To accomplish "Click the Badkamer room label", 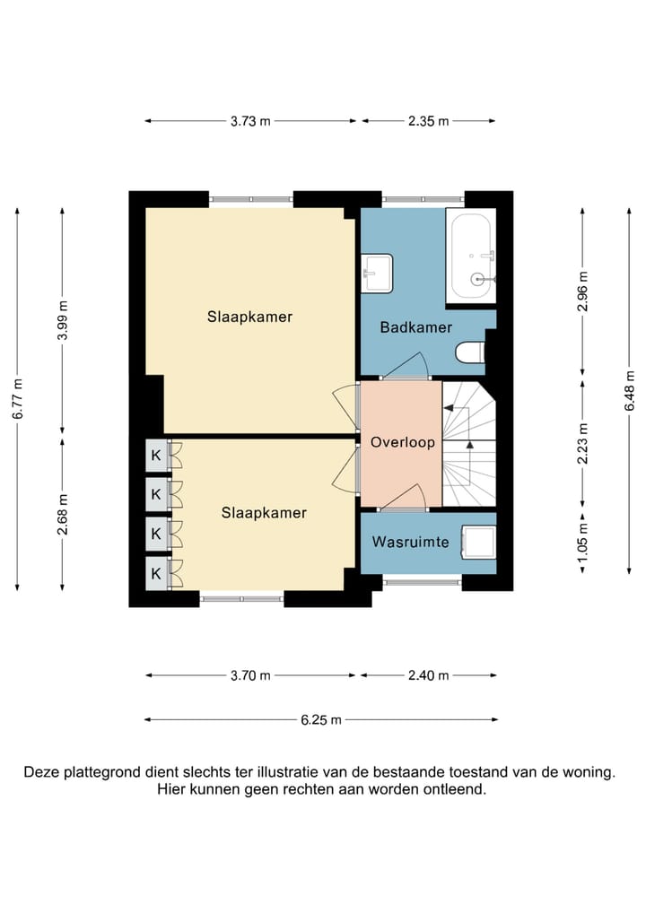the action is coord(416,327).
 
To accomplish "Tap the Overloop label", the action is coord(403,442).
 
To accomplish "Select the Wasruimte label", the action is coord(411,542).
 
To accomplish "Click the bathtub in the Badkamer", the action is coord(471,256).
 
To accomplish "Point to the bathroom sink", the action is coord(377,273).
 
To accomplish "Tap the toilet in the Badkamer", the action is coord(470,352).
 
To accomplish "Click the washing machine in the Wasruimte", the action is coord(479,542).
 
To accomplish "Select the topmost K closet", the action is coord(156,455).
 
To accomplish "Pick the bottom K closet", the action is coord(156,573).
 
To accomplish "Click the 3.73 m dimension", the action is coord(250,121).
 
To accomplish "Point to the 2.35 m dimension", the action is coord(429,121).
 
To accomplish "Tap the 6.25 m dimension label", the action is coord(321,719).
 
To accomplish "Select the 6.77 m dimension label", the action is coord(17,399).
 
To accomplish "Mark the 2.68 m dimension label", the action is coord(62,514).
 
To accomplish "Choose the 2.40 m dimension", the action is coord(429,675).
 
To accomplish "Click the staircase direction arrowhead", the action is coord(469,446).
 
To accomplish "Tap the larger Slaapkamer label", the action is coord(250,317).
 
